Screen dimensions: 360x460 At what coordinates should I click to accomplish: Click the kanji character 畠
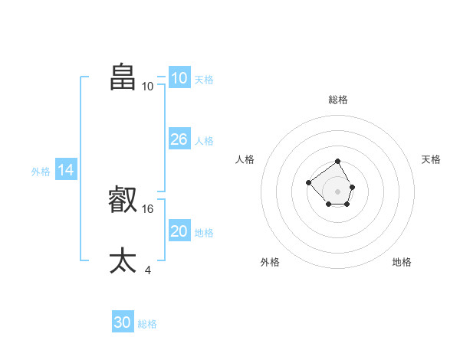pos(123,77)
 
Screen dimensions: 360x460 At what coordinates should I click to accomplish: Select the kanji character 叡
pos(123,200)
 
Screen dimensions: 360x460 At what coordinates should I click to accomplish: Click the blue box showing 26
pos(179,139)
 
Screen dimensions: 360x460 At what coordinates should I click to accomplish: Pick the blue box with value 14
pos(66,170)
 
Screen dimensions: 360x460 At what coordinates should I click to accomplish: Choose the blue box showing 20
pos(179,231)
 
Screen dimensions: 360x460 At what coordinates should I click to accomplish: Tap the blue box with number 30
pos(123,322)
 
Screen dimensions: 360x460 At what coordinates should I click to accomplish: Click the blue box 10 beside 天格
pos(179,77)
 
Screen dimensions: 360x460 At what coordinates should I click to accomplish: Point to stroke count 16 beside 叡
pos(149,208)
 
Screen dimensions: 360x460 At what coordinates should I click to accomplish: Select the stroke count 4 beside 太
pos(148,270)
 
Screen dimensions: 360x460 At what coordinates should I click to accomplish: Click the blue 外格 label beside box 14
pos(41,172)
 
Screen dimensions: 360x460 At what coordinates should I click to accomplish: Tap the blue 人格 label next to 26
pos(204,141)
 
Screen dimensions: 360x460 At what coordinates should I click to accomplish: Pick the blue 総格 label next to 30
pos(147,324)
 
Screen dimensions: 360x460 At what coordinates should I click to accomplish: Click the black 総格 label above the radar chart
pos(338,100)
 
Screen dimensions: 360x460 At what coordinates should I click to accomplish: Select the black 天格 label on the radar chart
pos(431,159)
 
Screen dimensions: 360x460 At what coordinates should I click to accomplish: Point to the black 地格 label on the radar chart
pos(402,262)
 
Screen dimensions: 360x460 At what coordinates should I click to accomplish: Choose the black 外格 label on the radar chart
pos(270,262)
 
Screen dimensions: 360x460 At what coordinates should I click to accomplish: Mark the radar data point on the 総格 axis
pos(338,162)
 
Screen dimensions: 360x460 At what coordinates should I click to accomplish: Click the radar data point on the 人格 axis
pos(308,182)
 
